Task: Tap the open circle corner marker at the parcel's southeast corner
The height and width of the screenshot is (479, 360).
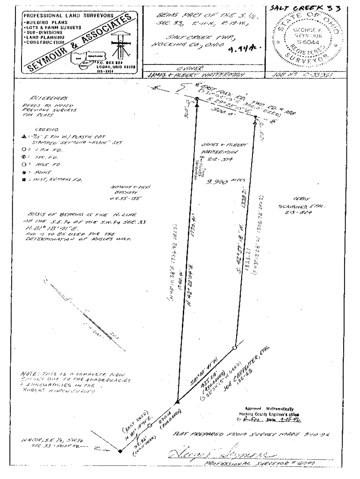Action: (x=235, y=348)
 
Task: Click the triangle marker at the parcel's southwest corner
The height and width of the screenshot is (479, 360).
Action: (x=178, y=402)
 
